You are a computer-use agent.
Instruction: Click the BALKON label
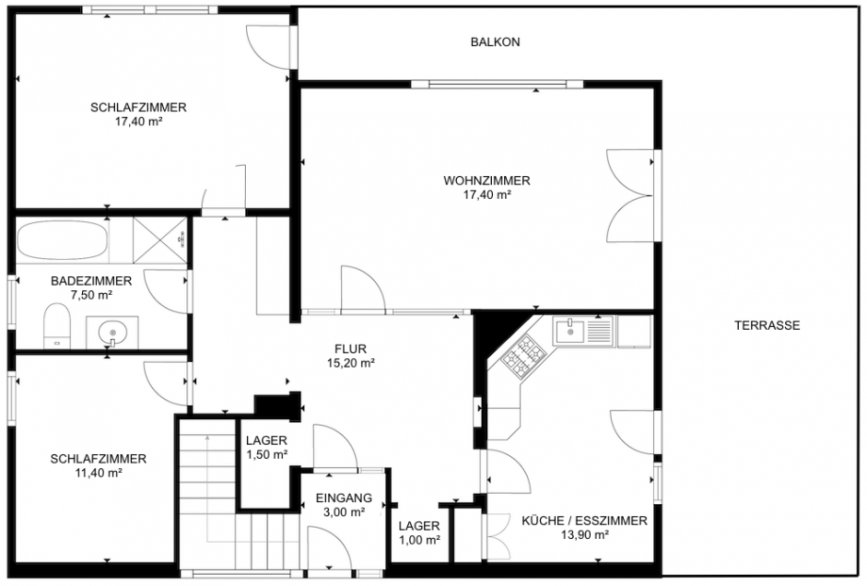click(496, 42)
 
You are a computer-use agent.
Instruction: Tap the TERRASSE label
click(767, 325)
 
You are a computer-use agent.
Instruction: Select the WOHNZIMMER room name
click(486, 181)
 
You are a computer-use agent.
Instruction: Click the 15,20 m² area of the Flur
click(351, 362)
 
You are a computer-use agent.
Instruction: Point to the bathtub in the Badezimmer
click(62, 241)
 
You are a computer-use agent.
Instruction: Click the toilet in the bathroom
click(58, 329)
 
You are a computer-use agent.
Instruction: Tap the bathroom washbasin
click(113, 332)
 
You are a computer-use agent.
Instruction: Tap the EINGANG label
click(343, 498)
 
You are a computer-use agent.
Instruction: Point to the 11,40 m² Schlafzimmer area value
click(98, 473)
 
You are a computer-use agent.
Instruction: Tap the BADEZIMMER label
click(91, 281)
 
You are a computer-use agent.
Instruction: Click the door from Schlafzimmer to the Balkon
click(270, 44)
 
